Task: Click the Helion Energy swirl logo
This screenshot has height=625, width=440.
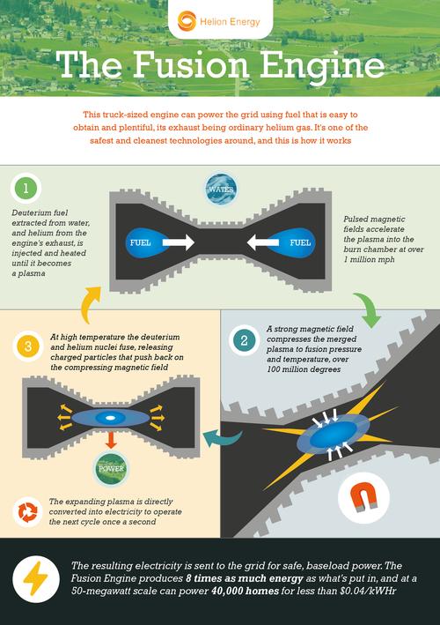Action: tap(187, 21)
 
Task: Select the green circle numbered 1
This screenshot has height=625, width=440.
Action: tap(26, 188)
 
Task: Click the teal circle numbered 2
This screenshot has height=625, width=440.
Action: tap(244, 340)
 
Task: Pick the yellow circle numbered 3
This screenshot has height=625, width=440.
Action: tap(27, 346)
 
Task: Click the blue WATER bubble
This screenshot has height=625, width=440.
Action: tap(221, 189)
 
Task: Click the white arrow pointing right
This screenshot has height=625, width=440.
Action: tap(179, 242)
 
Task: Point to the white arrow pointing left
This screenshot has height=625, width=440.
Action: tap(262, 242)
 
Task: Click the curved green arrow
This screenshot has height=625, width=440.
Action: tap(367, 309)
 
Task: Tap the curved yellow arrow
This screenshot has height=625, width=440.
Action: tap(88, 304)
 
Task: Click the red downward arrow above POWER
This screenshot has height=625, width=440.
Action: tap(111, 439)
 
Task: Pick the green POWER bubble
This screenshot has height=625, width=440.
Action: tap(112, 469)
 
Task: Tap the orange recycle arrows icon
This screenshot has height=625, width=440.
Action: tap(27, 512)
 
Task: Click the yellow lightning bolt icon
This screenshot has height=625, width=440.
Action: tap(36, 579)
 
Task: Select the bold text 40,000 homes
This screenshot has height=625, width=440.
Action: tap(245, 591)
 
